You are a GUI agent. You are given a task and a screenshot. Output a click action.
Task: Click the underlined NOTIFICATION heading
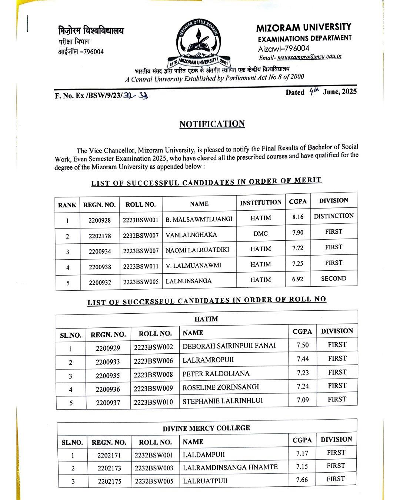pos(212,124)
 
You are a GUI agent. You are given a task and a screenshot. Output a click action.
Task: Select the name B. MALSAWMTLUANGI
pos(199,219)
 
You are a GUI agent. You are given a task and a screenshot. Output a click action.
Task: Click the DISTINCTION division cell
pos(334,216)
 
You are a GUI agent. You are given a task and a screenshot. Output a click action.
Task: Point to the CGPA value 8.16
pos(298,217)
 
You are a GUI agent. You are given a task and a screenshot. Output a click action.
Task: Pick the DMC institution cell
pos(261,234)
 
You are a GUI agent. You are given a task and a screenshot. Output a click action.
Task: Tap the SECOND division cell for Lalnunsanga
pos(334,279)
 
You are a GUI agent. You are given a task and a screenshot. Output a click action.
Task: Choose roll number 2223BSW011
pos(141,266)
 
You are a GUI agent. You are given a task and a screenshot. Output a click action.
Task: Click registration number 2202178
pos(100,236)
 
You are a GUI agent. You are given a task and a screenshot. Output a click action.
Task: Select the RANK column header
pos(67,205)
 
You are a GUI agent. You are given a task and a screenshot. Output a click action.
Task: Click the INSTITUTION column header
pos(261,203)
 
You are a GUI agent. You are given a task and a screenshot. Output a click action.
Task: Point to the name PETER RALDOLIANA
pos(216,374)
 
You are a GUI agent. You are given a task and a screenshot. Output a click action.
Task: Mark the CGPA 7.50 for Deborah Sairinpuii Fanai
pos(303,345)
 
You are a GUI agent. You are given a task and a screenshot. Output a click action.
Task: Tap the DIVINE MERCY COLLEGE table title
pos(206,428)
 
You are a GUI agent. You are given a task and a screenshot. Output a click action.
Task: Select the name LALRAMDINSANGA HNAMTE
pos(230,467)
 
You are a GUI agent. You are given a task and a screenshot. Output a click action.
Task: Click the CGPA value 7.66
pos(302,480)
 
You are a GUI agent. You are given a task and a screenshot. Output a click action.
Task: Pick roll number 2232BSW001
pos(154,455)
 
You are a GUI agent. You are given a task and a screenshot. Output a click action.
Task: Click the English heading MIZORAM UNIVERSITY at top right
pos(304,27)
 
